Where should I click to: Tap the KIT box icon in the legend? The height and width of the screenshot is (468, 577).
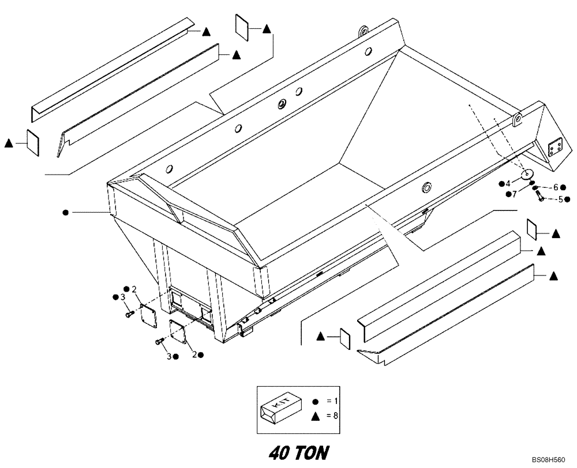tap(281, 405)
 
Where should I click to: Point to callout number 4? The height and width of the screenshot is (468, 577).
tap(508, 183)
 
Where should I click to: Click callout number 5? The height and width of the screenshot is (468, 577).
tap(560, 199)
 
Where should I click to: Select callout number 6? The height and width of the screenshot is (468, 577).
tap(556, 187)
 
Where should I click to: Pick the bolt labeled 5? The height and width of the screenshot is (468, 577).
tap(541, 198)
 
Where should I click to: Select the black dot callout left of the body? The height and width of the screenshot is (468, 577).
tap(66, 213)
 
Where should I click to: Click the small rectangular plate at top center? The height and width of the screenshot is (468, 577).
tap(241, 28)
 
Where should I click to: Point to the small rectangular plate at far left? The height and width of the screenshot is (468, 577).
tap(32, 141)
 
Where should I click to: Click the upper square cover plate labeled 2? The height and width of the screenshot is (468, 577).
tap(149, 314)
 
